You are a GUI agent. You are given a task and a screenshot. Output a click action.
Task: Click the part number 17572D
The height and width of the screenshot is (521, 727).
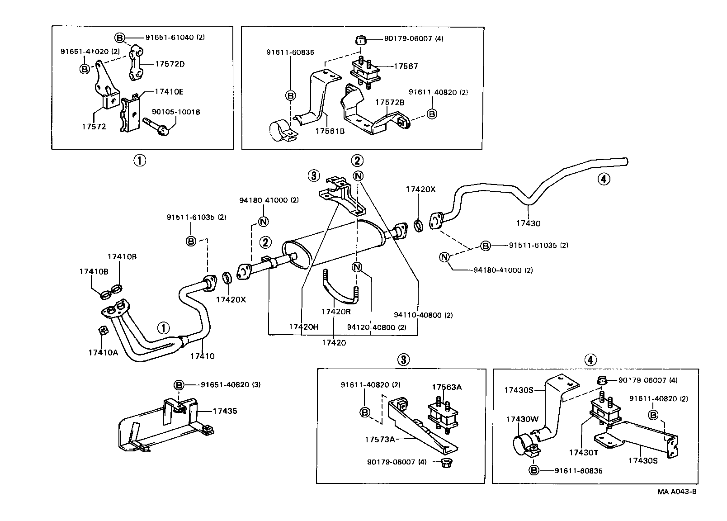click(170, 64)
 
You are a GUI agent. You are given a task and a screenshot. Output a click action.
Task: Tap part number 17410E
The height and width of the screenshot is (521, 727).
click(169, 91)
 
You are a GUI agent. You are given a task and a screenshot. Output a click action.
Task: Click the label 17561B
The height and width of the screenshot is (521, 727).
click(330, 131)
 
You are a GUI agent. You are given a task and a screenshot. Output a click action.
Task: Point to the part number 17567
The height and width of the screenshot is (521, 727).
click(406, 66)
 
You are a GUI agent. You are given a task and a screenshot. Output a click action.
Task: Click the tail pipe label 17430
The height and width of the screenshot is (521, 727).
click(529, 223)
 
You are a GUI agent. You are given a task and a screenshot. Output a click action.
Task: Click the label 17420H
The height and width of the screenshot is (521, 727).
click(304, 327)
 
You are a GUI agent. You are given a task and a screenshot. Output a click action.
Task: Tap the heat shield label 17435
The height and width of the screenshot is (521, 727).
click(225, 411)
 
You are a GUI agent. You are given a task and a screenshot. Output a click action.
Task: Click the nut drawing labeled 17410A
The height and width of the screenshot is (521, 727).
click(103, 331)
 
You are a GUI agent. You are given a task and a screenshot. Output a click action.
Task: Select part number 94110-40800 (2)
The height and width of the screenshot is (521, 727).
click(423, 315)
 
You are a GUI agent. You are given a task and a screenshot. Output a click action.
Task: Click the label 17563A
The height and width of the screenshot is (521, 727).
click(446, 387)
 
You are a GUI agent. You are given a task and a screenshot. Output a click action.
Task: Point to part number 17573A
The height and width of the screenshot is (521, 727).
click(380, 439)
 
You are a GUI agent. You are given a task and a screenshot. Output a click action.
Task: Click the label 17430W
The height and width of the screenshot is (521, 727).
click(522, 419)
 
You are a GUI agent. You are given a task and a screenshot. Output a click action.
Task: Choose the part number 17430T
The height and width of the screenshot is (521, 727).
click(583, 452)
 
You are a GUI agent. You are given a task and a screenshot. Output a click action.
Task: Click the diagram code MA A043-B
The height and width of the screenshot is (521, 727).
click(677, 492)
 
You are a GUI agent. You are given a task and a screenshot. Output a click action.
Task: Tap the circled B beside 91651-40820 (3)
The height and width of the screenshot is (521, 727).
click(179, 385)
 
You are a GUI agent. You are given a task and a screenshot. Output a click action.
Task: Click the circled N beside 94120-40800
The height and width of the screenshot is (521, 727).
click(357, 267)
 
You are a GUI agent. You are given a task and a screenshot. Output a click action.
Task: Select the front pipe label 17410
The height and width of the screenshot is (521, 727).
click(202, 356)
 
